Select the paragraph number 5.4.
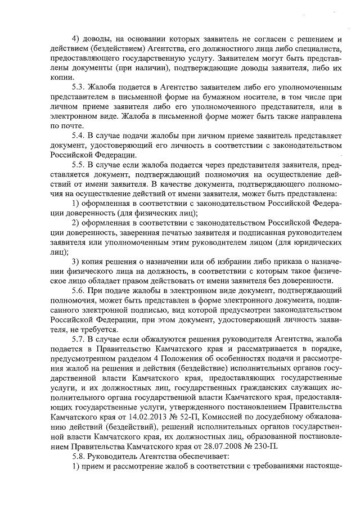(79, 136)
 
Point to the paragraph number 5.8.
(79, 456)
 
